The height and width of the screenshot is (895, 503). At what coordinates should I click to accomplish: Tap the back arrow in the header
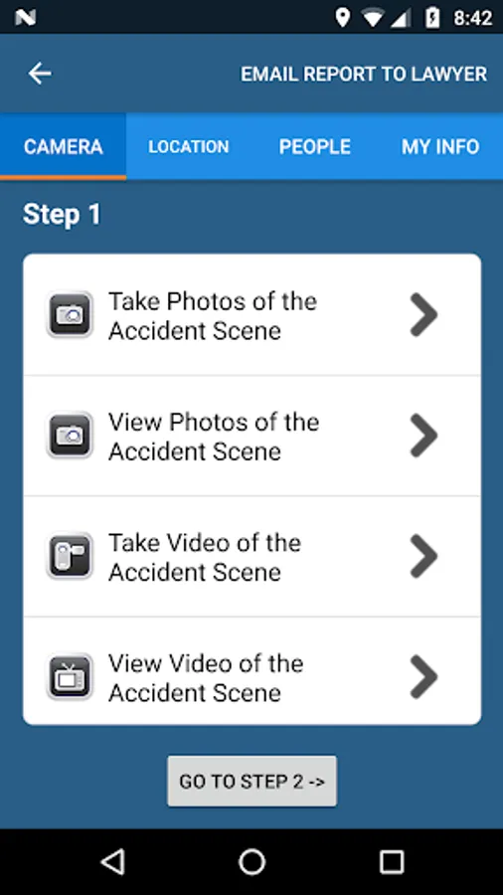click(x=40, y=74)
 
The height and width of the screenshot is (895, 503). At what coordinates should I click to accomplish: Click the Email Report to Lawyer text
click(x=364, y=75)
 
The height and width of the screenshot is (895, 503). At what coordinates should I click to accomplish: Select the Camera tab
click(x=64, y=147)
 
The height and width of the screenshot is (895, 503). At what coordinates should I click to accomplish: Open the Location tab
click(x=189, y=147)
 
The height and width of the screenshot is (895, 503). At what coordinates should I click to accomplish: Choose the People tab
click(x=315, y=147)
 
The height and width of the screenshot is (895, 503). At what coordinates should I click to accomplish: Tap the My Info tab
click(x=440, y=147)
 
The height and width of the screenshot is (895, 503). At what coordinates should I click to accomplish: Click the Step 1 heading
click(x=62, y=215)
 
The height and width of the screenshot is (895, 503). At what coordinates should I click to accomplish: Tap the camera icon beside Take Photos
click(x=70, y=314)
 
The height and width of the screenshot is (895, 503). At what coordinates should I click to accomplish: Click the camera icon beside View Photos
click(x=70, y=435)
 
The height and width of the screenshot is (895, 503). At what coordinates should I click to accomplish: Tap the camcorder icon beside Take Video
click(x=70, y=555)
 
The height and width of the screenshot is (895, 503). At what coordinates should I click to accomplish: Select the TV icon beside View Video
click(x=70, y=676)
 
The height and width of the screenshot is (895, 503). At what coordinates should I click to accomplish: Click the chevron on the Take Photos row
click(x=423, y=314)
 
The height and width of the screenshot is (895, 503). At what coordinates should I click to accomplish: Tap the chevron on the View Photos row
click(x=423, y=435)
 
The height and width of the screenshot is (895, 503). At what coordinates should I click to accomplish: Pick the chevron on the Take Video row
click(x=423, y=555)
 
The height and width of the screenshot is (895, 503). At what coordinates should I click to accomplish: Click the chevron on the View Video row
click(x=423, y=676)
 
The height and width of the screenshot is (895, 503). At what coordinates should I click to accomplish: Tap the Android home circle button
click(x=251, y=862)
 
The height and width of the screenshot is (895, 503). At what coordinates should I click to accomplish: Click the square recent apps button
click(x=392, y=862)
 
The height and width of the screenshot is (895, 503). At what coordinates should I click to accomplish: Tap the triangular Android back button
click(x=112, y=862)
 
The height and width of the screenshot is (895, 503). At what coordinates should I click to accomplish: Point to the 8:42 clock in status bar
click(x=473, y=18)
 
